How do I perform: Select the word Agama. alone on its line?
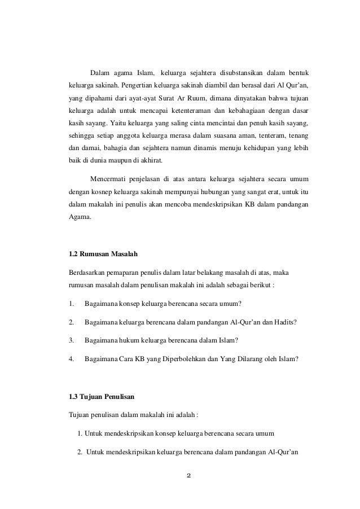point(78,216)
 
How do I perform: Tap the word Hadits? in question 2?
point(285,322)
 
